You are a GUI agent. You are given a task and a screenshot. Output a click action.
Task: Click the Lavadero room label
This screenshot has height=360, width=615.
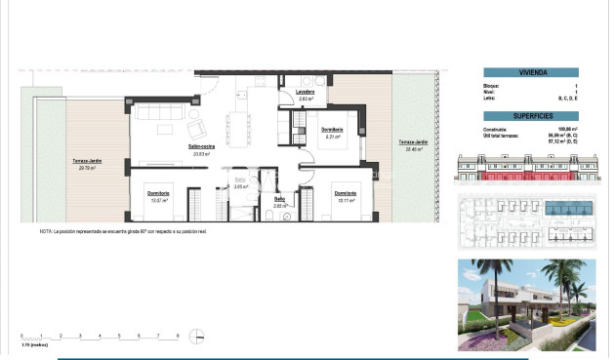click(x=304, y=93)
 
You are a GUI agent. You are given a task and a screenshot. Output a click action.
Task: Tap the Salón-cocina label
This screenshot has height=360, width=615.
click(x=202, y=146)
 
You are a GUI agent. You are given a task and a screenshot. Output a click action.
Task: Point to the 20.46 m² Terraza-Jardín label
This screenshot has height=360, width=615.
click(x=411, y=144)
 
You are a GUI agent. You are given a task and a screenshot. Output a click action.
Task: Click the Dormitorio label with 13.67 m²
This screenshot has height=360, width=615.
click(x=158, y=193)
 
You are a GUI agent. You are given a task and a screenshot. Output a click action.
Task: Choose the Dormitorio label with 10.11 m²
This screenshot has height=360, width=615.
click(x=345, y=193)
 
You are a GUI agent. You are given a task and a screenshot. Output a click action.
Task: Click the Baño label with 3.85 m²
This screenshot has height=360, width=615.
click(x=279, y=200)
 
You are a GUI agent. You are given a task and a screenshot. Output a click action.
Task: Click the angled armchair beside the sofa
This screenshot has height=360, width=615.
click(x=194, y=128)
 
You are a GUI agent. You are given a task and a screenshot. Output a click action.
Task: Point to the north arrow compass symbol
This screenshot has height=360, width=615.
click(x=197, y=338)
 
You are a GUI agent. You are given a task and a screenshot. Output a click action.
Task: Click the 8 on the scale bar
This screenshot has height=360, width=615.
click(x=178, y=335)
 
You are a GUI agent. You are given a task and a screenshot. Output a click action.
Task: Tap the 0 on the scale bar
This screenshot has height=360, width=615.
click(x=20, y=335)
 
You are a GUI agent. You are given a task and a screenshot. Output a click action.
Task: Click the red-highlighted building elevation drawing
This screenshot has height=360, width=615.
click(x=531, y=173)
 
